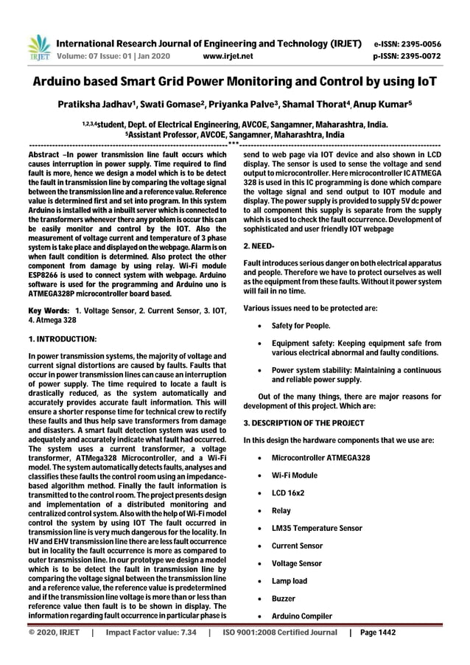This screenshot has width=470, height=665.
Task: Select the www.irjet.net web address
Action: point(227,55)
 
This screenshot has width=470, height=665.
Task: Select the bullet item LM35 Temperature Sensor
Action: point(317,529)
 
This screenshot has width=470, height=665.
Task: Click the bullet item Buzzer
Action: point(285,599)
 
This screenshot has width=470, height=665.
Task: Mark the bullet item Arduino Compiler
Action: point(302,616)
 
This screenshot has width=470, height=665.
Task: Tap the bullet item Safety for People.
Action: point(301,326)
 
